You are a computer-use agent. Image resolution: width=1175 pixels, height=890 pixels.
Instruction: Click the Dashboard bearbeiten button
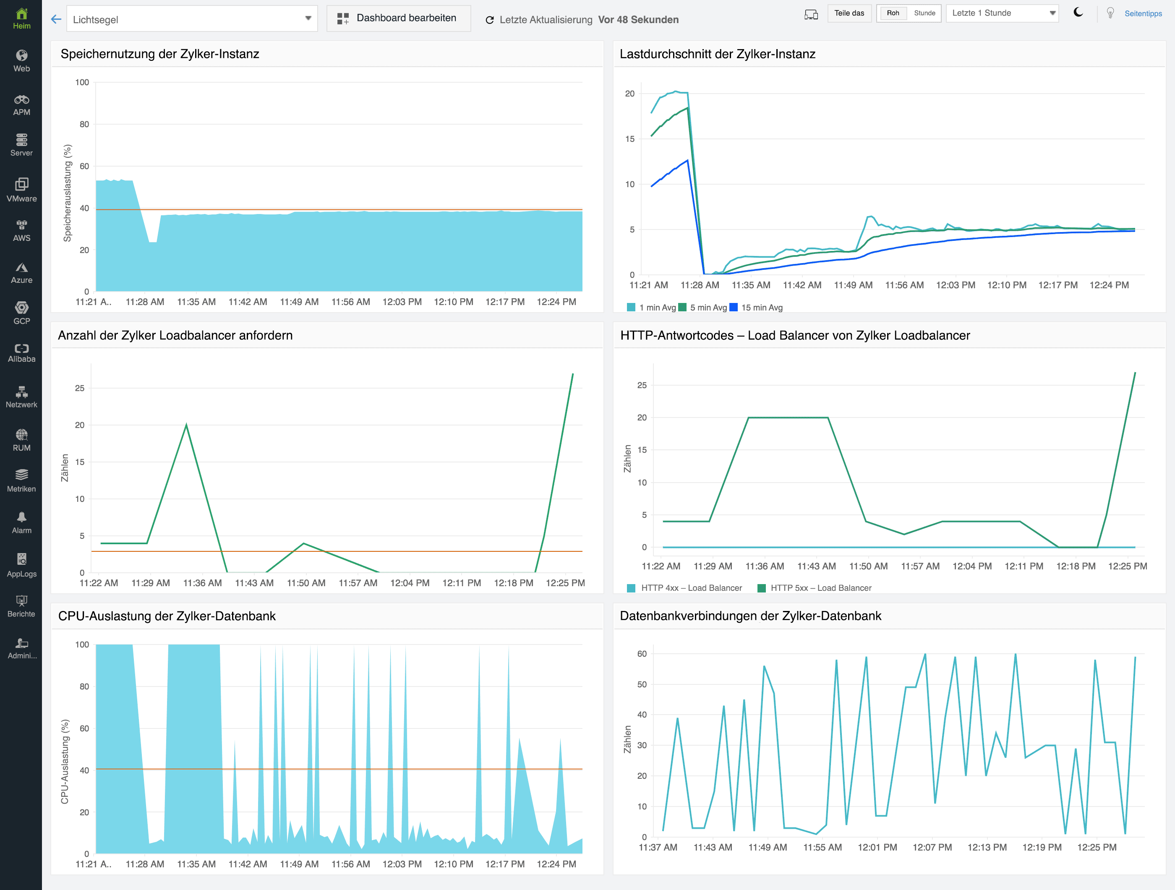pyautogui.click(x=398, y=18)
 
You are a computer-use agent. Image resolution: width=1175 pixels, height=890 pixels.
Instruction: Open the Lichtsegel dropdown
pyautogui.click(x=192, y=19)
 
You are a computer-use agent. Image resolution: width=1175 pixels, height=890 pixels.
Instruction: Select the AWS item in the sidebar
pyautogui.click(x=21, y=230)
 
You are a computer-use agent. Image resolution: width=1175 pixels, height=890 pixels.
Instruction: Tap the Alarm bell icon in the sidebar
pyautogui.click(x=22, y=517)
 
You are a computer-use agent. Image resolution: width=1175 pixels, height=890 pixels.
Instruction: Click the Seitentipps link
pyautogui.click(x=1143, y=14)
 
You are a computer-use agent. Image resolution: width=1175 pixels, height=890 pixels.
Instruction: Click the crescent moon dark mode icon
pyautogui.click(x=1078, y=13)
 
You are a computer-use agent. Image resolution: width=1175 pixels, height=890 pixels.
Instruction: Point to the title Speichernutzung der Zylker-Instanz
pyautogui.click(x=160, y=54)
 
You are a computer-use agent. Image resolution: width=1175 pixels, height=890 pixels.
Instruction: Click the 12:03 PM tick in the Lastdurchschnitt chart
pyautogui.click(x=955, y=285)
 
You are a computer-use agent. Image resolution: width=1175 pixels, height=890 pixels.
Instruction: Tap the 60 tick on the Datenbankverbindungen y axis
pyautogui.click(x=642, y=654)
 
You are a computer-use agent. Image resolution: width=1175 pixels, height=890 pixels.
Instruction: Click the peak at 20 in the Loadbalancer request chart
pyautogui.click(x=186, y=424)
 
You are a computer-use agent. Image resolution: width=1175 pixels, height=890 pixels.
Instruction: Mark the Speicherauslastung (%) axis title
pyautogui.click(x=68, y=193)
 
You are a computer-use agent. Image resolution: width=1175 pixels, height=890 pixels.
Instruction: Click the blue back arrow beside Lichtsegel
pyautogui.click(x=56, y=20)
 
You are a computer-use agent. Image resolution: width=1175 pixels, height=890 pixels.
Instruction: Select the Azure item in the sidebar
pyautogui.click(x=21, y=272)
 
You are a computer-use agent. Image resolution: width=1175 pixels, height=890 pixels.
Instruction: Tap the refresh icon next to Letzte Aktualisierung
pyautogui.click(x=490, y=20)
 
